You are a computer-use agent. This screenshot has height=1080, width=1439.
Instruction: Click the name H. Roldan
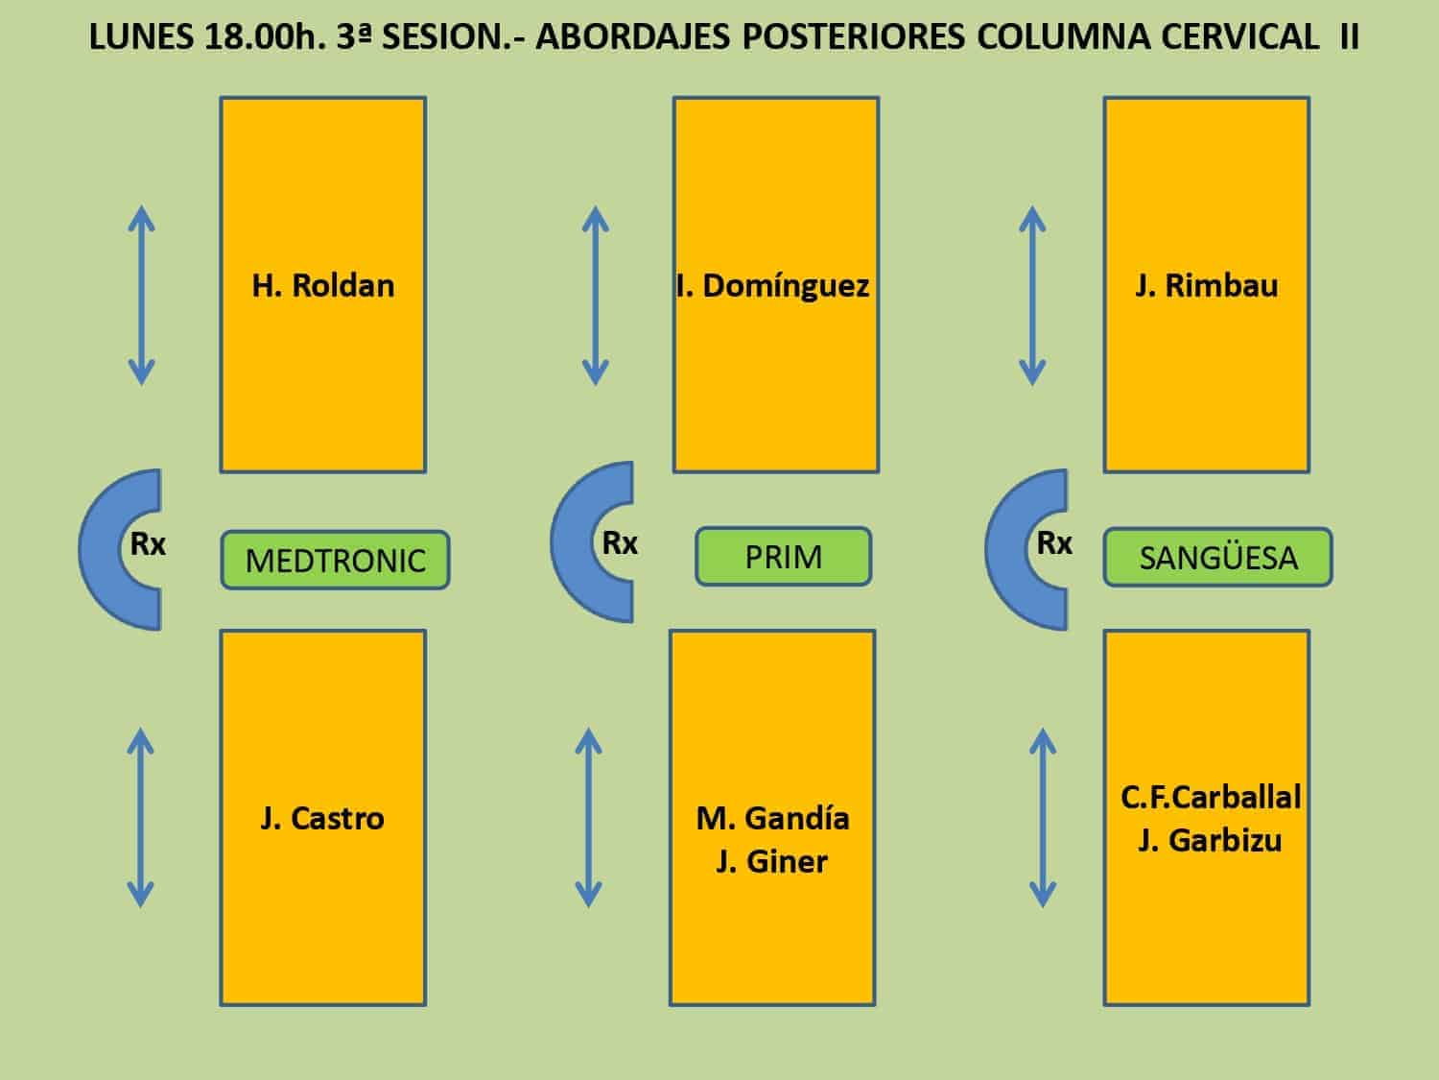click(x=323, y=286)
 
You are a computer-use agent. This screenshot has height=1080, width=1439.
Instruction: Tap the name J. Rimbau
click(x=1206, y=286)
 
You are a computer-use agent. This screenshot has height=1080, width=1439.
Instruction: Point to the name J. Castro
click(x=322, y=818)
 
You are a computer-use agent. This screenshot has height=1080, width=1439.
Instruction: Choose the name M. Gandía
click(x=773, y=818)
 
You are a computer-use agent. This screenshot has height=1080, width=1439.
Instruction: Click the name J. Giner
click(x=771, y=862)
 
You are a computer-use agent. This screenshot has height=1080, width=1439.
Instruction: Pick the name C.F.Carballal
click(x=1211, y=798)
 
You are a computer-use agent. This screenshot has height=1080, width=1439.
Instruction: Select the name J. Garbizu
click(x=1210, y=841)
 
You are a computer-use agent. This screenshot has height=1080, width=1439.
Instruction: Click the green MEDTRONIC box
click(x=335, y=560)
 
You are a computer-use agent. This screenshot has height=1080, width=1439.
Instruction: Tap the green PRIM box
click(x=784, y=557)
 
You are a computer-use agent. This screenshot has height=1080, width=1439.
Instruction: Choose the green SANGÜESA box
click(x=1218, y=558)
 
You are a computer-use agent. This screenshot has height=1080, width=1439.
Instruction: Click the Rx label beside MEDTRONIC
click(x=148, y=544)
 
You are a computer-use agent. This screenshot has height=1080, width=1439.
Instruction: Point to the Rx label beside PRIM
click(x=620, y=543)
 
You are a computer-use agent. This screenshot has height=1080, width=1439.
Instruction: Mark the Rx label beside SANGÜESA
click(x=1054, y=543)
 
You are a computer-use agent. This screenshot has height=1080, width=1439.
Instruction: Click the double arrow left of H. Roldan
click(x=141, y=296)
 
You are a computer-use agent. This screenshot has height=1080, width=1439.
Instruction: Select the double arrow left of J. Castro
click(x=140, y=818)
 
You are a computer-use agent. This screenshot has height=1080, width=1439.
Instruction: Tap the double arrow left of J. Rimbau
click(x=1032, y=296)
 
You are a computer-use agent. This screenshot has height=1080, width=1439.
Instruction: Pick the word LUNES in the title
click(x=141, y=36)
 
